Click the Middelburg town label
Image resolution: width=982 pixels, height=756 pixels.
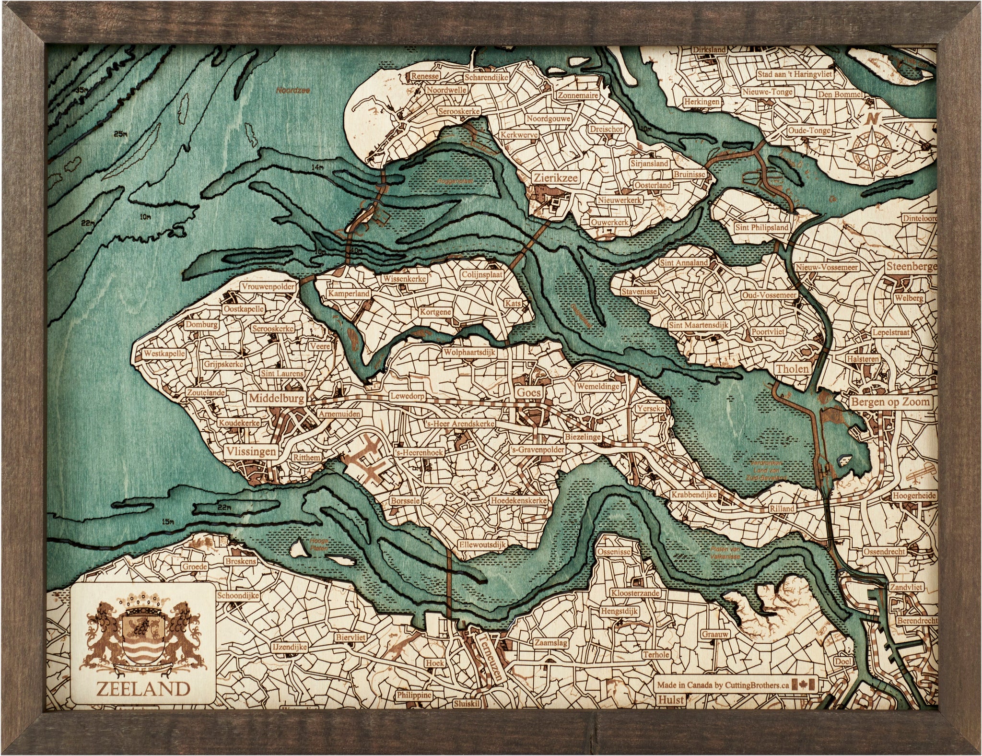click(x=276, y=398)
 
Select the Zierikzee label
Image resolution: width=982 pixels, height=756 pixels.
click(x=556, y=178)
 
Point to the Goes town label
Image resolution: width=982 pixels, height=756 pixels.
click(x=529, y=392)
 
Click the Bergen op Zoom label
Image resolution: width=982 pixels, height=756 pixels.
click(x=890, y=402)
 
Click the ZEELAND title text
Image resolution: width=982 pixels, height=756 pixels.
click(x=143, y=689)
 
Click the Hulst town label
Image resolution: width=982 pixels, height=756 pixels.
click(x=671, y=700)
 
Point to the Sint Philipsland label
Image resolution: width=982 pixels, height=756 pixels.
click(x=761, y=228)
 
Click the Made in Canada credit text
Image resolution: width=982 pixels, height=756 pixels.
click(x=723, y=685)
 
